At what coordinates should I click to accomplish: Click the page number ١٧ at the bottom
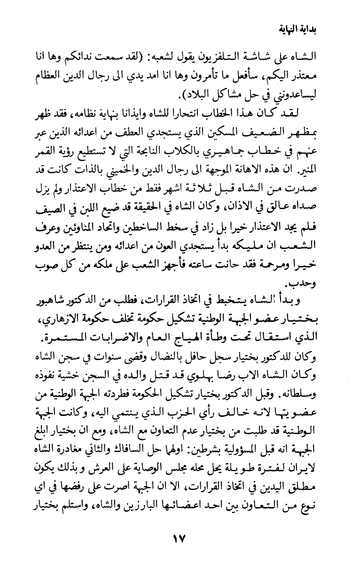click(179, 548)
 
